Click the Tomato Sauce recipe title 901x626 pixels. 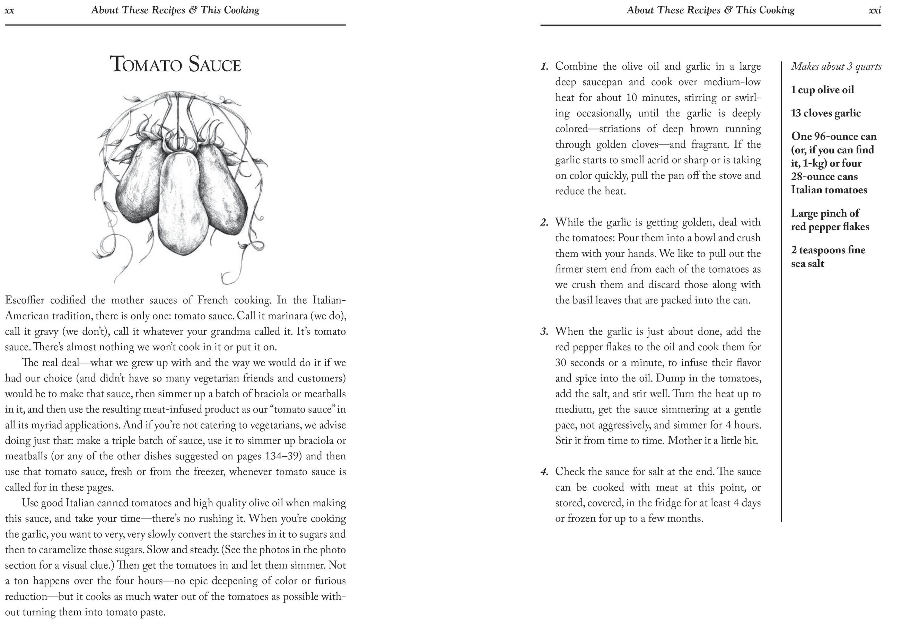click(175, 64)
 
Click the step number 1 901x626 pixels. click(544, 67)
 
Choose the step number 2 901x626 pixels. click(544, 223)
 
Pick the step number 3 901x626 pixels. click(544, 332)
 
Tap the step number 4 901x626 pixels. click(544, 472)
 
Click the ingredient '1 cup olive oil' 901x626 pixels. click(822, 90)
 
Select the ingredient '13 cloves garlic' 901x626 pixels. click(826, 113)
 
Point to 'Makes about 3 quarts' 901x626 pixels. click(836, 66)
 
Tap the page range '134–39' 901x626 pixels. click(282, 456)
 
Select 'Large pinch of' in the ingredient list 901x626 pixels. click(825, 213)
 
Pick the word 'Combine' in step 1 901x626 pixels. click(576, 66)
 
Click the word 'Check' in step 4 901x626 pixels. click(571, 471)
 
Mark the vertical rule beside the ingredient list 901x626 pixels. click(781, 290)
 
